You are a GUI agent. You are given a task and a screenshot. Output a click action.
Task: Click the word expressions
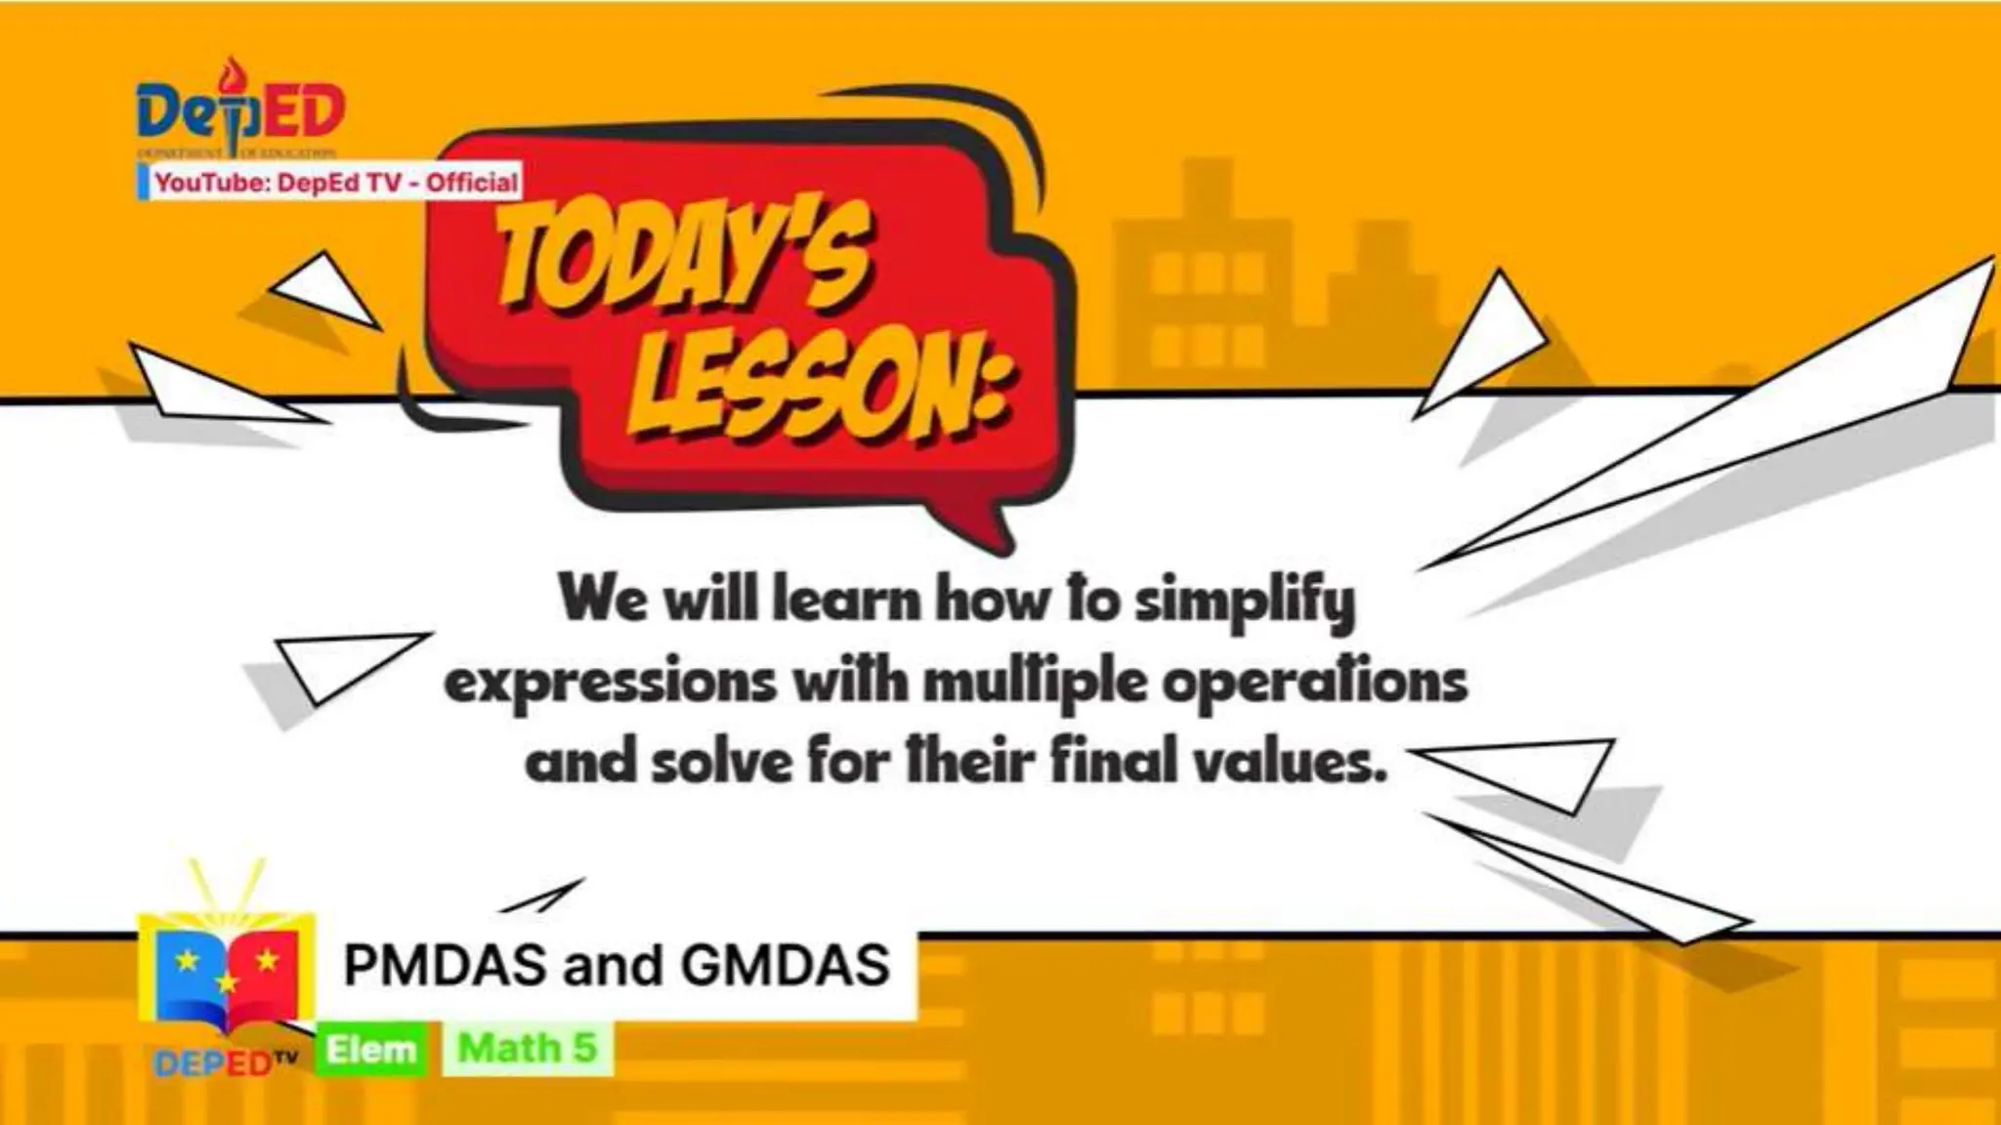pyautogui.click(x=611, y=683)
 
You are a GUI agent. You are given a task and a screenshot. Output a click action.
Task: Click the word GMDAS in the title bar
pyautogui.click(x=786, y=965)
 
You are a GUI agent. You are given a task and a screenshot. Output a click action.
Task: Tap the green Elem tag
pyautogui.click(x=371, y=1050)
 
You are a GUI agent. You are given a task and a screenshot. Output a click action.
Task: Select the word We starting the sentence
pyautogui.click(x=603, y=599)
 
